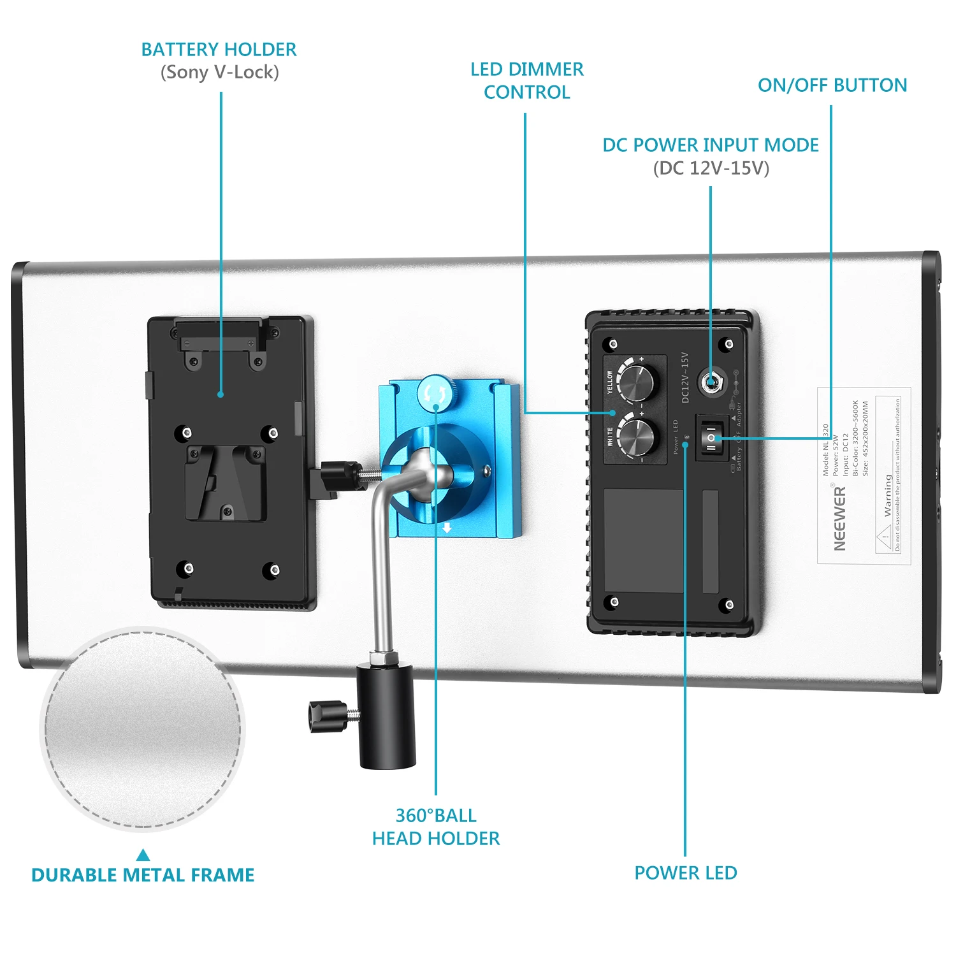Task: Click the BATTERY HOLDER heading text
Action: coord(219,50)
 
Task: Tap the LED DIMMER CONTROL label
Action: coord(526,80)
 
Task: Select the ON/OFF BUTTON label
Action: coord(832,85)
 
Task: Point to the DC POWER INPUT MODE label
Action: coord(710,145)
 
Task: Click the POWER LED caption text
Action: coord(685,873)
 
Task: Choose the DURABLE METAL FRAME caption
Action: coord(143,875)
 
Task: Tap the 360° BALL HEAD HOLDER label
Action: coord(436,827)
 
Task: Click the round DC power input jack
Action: coord(710,382)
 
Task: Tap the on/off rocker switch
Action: coord(711,438)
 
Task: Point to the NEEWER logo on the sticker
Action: coord(839,518)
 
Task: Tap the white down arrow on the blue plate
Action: coord(447,528)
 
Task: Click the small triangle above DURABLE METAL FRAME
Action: coord(143,855)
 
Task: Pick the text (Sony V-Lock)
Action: coord(219,73)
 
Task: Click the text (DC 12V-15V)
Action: coord(711,168)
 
